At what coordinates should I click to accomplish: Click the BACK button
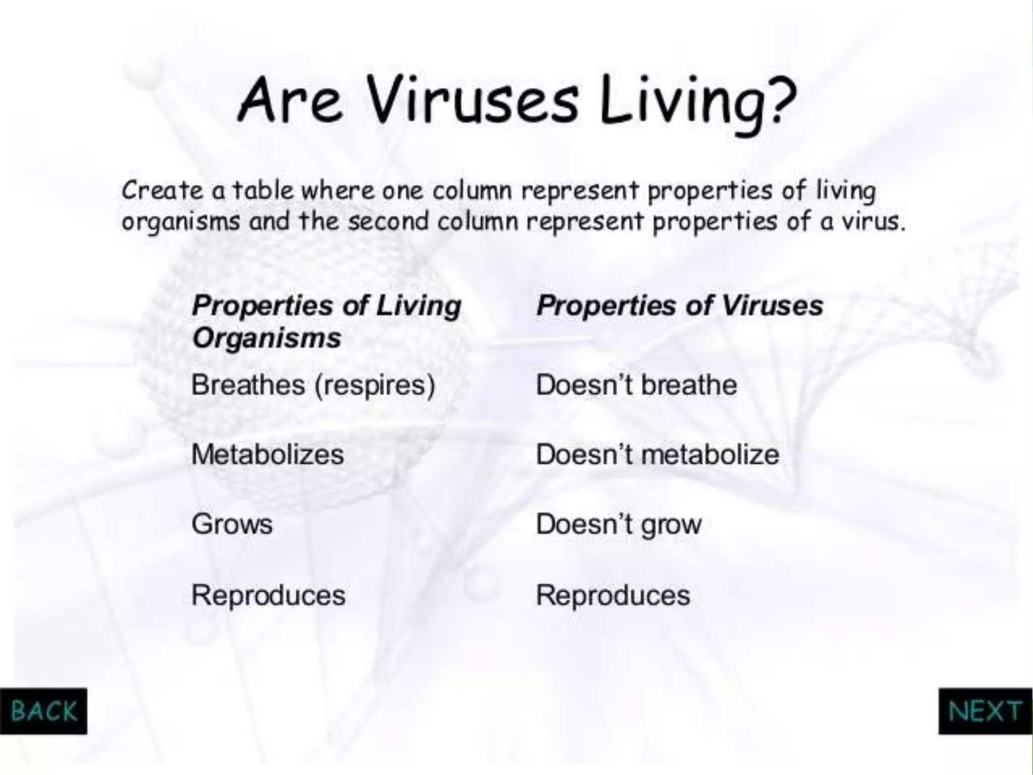pos(43,711)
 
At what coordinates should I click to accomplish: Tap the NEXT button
pos(985,711)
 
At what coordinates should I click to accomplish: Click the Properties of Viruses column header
pos(679,306)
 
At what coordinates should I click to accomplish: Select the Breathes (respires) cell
pos(313,385)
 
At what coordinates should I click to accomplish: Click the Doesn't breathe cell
pos(636,385)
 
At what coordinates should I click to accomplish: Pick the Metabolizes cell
pos(268,455)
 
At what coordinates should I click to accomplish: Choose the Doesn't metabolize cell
pos(657,455)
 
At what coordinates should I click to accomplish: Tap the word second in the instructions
pos(388,222)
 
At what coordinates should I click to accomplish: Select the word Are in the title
pos(290,101)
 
